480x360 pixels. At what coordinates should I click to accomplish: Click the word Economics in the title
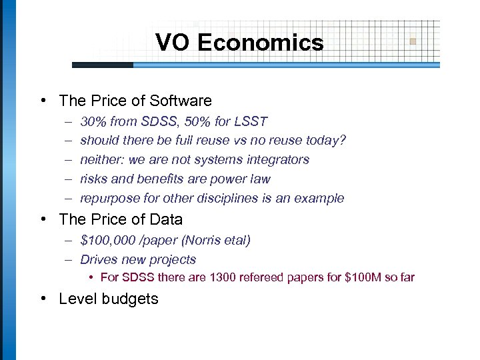coord(260,43)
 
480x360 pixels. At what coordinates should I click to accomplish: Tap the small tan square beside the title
coord(413,41)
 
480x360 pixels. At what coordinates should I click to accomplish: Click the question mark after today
coord(343,141)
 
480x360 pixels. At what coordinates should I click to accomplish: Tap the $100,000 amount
coord(107,240)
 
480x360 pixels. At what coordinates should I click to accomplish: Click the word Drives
coord(98,259)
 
